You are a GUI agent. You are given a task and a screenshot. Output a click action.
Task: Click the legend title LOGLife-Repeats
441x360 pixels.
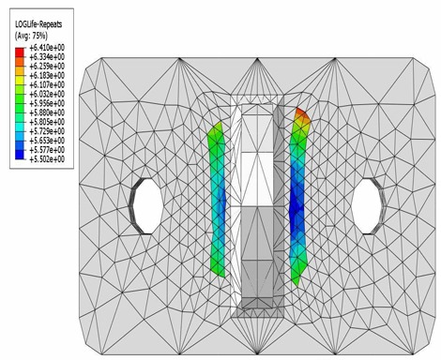click(x=38, y=24)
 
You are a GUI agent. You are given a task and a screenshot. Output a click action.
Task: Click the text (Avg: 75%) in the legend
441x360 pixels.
click(x=31, y=36)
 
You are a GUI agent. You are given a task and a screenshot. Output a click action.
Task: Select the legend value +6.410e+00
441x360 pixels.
click(x=47, y=48)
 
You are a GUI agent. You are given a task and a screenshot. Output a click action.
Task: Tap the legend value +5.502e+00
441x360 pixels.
click(x=47, y=159)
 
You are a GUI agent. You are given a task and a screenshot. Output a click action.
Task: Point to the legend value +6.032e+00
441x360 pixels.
click(x=47, y=94)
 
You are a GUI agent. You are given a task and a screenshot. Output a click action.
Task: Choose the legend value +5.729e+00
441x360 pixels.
click(x=47, y=131)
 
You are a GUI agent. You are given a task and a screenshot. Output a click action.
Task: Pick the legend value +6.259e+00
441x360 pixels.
click(x=47, y=67)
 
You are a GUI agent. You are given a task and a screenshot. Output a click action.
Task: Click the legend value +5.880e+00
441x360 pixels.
click(x=47, y=112)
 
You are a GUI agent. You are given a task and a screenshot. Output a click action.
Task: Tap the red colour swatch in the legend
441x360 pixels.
click(x=20, y=52)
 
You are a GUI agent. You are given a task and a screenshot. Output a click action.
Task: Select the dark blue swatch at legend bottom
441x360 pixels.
click(x=20, y=155)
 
